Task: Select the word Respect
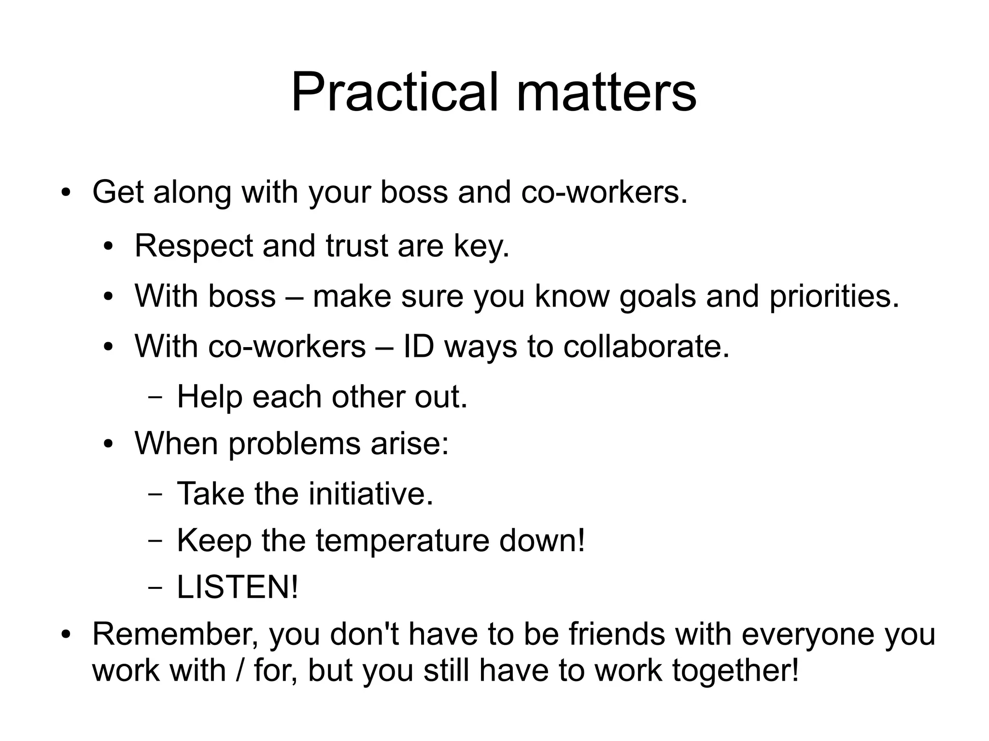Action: click(x=193, y=247)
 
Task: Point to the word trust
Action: click(x=356, y=246)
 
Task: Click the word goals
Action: click(x=657, y=297)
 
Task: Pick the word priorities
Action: click(x=834, y=297)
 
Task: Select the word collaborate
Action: click(x=646, y=347)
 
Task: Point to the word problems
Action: click(x=294, y=444)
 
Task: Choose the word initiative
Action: click(x=370, y=493)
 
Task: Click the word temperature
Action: click(x=402, y=540)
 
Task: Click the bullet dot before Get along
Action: click(x=66, y=194)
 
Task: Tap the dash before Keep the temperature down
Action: click(x=155, y=541)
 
